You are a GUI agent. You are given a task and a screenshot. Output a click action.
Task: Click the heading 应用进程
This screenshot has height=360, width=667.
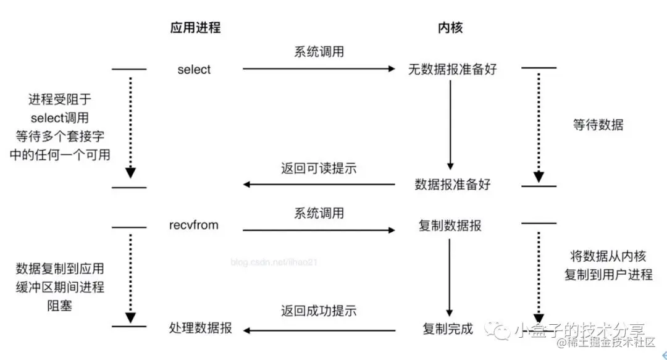[x=195, y=28]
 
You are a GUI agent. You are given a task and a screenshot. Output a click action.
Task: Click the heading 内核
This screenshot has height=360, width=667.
[x=450, y=28]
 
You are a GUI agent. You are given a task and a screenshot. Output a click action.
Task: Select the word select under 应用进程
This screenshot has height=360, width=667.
[x=194, y=69]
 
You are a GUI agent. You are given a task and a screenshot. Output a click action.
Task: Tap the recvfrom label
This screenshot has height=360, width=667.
[x=193, y=225]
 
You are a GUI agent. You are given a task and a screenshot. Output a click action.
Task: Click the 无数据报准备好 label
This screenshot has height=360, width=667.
[x=452, y=69]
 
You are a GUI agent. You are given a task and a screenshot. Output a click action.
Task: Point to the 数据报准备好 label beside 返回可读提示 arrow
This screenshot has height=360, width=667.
[x=452, y=184]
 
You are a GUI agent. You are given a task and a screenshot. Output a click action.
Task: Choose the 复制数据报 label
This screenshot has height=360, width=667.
[x=450, y=225]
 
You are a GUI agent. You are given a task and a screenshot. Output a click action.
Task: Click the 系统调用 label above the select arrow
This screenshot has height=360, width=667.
[x=319, y=52]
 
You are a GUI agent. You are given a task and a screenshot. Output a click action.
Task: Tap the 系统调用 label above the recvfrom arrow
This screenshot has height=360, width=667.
[x=319, y=214]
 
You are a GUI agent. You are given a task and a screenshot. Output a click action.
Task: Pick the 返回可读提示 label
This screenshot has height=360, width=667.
[x=319, y=168]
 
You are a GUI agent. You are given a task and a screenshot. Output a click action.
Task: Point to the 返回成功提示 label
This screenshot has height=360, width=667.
[x=319, y=311]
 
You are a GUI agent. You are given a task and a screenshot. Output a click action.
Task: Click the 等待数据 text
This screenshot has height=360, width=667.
[x=598, y=125]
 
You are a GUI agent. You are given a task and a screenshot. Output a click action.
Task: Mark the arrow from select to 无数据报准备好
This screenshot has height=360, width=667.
[x=318, y=69]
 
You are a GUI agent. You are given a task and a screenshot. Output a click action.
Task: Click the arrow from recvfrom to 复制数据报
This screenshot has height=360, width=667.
[x=318, y=230]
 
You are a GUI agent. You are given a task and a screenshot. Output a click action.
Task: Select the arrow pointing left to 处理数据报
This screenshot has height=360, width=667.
[x=318, y=330]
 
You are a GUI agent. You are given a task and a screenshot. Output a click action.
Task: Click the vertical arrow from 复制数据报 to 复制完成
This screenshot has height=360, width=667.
[x=450, y=278]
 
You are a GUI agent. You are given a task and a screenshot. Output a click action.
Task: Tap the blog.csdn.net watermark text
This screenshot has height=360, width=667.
[x=274, y=262]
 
